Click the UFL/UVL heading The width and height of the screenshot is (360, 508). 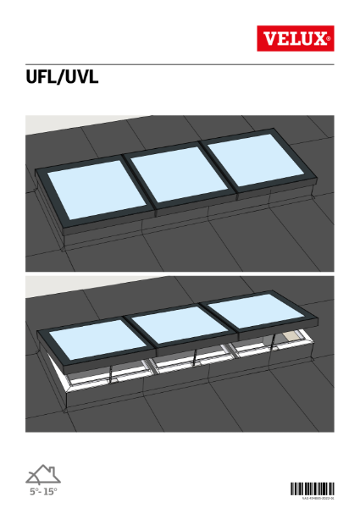[x=64, y=80]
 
